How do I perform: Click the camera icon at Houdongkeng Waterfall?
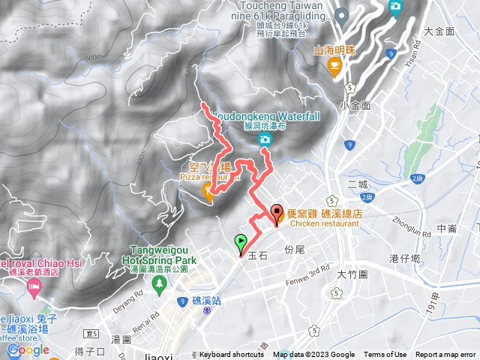[265, 139]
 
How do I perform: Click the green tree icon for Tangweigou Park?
[158, 283]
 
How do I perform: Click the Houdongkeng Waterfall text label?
[266, 116]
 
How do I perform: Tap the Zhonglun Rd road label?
[411, 221]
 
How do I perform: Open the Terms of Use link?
[385, 355]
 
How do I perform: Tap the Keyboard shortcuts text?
[232, 355]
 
